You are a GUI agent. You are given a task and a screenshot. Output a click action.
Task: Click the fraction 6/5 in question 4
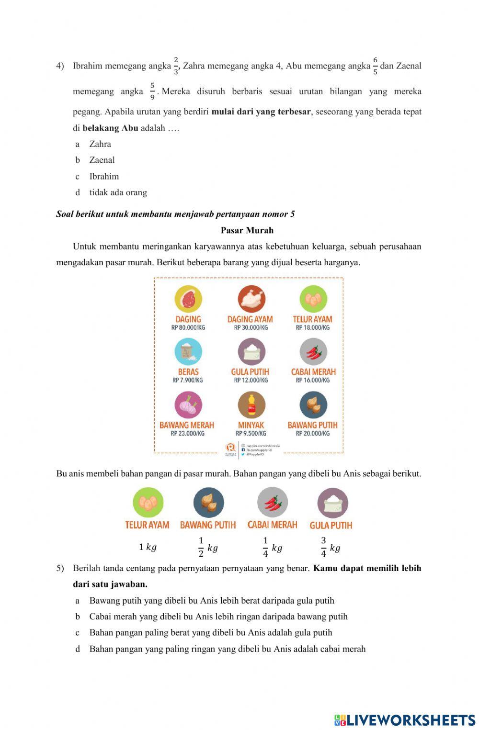click(x=375, y=66)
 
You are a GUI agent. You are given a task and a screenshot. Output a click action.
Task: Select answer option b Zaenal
click(x=102, y=160)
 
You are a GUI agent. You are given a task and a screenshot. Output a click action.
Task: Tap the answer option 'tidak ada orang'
click(x=118, y=192)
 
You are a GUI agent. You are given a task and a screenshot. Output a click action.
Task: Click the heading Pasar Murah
click(x=247, y=230)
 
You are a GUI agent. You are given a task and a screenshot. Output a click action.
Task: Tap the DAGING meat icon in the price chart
click(x=188, y=299)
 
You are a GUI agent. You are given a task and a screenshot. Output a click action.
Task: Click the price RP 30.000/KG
click(x=251, y=328)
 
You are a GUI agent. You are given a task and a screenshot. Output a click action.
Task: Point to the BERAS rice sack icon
click(x=188, y=352)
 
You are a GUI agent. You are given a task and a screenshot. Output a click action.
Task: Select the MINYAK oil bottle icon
click(x=251, y=405)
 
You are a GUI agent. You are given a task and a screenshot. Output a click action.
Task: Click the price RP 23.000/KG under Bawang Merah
click(x=187, y=434)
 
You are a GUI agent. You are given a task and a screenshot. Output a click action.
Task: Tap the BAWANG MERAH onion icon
click(x=188, y=405)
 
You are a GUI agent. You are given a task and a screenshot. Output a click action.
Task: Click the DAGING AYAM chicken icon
click(x=251, y=299)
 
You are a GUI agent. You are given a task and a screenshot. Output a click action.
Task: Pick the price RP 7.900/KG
click(x=187, y=381)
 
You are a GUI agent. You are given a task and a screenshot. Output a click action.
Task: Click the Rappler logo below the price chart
click(x=231, y=449)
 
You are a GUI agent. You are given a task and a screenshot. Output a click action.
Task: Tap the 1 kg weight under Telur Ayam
click(x=148, y=547)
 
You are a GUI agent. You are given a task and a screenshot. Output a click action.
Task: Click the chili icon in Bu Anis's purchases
click(x=272, y=503)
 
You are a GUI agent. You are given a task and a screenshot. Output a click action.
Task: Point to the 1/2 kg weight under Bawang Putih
click(x=208, y=547)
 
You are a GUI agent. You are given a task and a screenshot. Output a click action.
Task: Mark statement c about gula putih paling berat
click(x=210, y=633)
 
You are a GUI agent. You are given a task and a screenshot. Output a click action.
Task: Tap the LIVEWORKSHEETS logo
click(x=405, y=720)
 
